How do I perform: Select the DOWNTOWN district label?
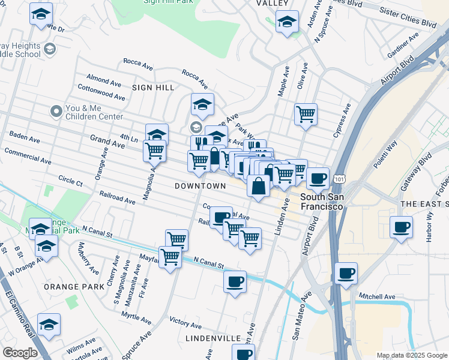click(200, 186)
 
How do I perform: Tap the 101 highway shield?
click(340, 179)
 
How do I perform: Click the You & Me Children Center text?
click(94, 112)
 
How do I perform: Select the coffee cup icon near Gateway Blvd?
click(401, 227)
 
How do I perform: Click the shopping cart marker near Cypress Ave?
click(306, 114)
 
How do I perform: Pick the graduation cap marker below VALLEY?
click(287, 23)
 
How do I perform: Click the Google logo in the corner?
click(20, 352)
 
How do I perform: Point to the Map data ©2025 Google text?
click(412, 355)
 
